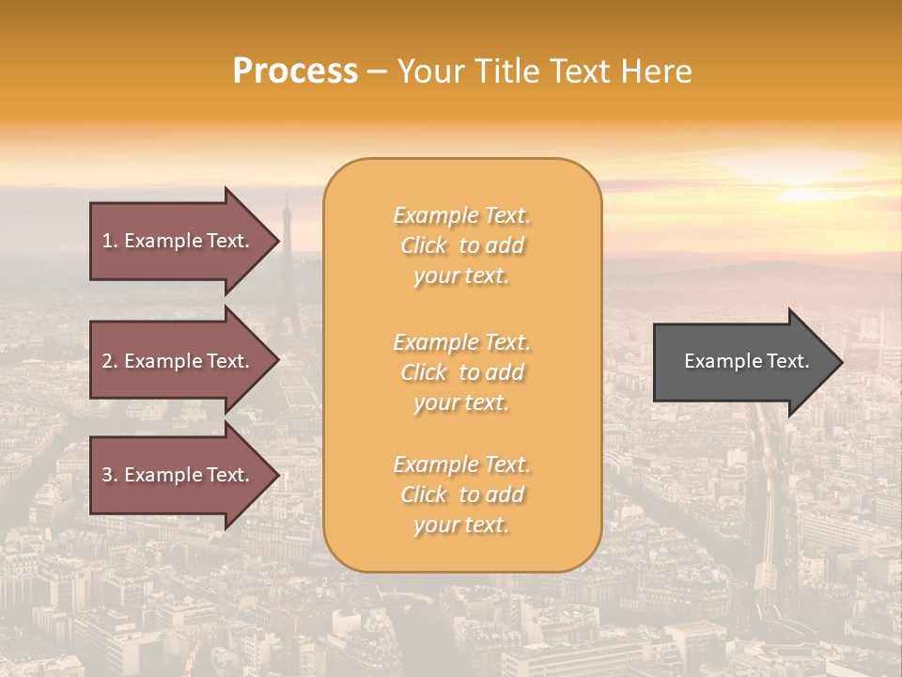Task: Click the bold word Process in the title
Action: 295,71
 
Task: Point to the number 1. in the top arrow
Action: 110,241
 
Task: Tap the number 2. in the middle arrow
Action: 110,361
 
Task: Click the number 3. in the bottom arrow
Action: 110,475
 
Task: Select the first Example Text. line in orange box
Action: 461,215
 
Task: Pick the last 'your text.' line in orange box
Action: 461,525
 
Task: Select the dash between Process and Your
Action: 377,72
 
